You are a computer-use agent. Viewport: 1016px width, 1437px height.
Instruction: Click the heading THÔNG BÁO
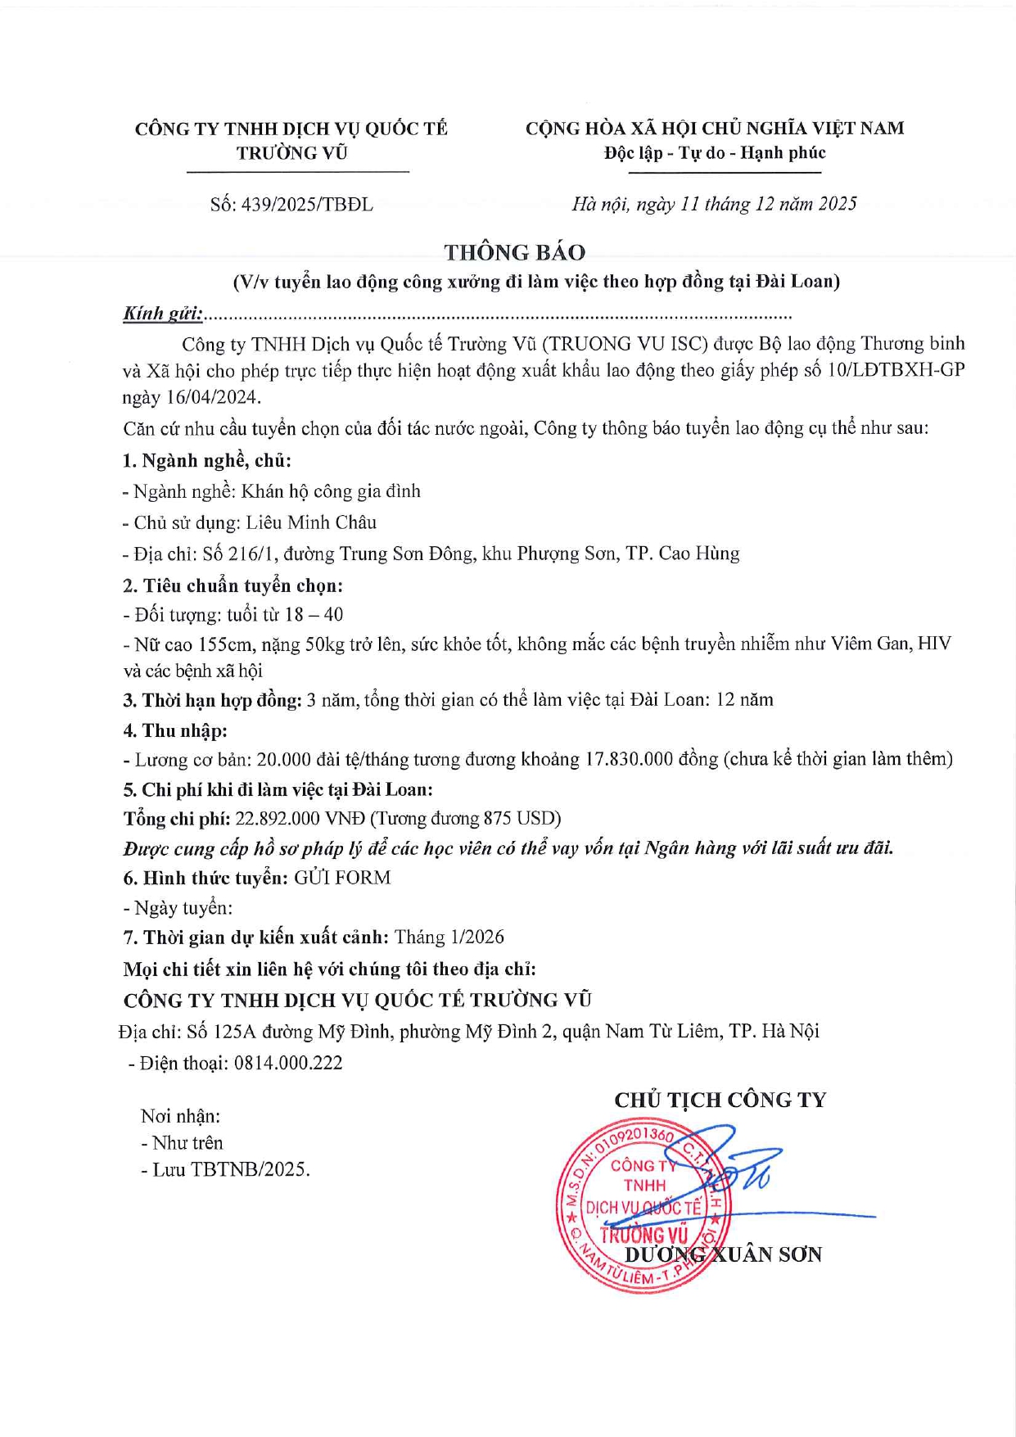point(514,252)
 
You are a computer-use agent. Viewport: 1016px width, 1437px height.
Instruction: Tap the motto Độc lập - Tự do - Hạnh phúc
point(715,153)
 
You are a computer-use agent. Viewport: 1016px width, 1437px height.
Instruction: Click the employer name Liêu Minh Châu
point(311,522)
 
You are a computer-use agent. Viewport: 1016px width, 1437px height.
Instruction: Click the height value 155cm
point(226,644)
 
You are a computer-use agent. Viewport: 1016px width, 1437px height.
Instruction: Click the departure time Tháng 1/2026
point(449,938)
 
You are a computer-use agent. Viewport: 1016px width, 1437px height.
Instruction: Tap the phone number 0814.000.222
point(288,1064)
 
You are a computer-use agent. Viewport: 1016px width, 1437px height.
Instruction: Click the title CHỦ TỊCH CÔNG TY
point(720,1100)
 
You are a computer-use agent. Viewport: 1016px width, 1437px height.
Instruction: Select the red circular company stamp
point(639,1208)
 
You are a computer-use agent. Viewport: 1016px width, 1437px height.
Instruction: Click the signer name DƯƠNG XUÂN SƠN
point(724,1254)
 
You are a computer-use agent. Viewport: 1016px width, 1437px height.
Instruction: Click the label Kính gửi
point(162,314)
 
